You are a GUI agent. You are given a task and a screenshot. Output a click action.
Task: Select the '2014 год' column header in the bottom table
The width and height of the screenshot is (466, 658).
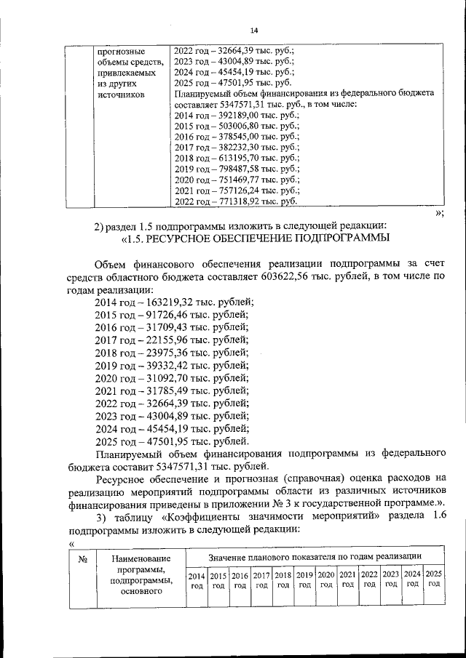(197, 579)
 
